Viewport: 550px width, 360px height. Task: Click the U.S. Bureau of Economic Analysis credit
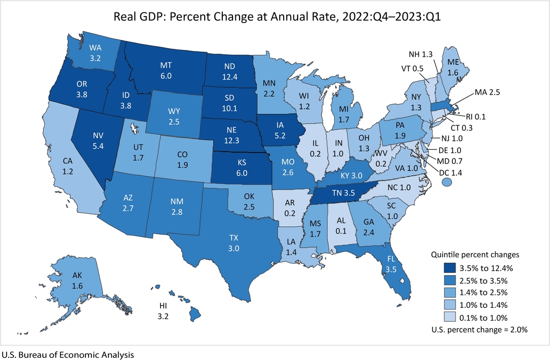click(67, 355)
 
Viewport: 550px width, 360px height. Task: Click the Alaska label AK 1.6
click(77, 280)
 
